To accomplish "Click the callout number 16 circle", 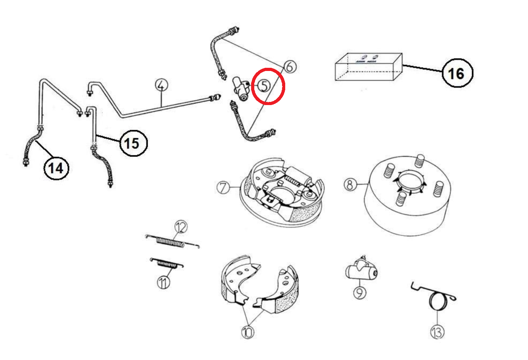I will pyautogui.click(x=457, y=73).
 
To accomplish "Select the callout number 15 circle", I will pyautogui.click(x=133, y=142).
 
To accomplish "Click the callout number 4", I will pyautogui.click(x=161, y=85).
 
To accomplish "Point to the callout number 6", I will pyautogui.click(x=290, y=67).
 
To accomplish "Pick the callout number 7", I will pyautogui.click(x=223, y=187).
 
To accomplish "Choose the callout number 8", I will pyautogui.click(x=349, y=184).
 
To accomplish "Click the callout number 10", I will pyautogui.click(x=247, y=332).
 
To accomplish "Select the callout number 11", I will pyautogui.click(x=163, y=283).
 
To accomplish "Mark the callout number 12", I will pyautogui.click(x=180, y=228).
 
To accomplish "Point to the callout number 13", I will pyautogui.click(x=437, y=332).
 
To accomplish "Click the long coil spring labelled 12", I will pyautogui.click(x=170, y=242).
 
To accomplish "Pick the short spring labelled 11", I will pyautogui.click(x=167, y=263).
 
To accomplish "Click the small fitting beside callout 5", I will pyautogui.click(x=240, y=89).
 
